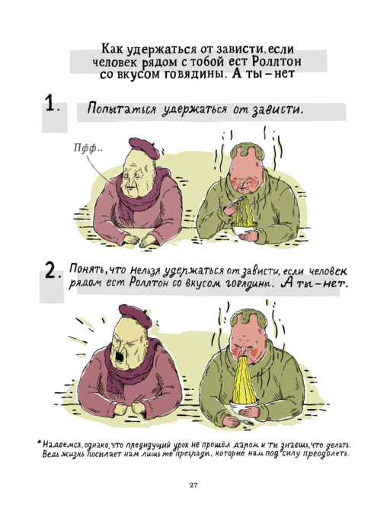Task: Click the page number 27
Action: point(193,485)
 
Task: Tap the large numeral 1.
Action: point(51,104)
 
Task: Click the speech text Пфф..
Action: point(88,149)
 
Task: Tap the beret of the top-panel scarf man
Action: point(145,148)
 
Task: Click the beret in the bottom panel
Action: point(136,315)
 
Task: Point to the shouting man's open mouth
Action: point(119,357)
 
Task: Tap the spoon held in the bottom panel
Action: point(241,421)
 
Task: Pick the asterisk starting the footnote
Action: point(40,442)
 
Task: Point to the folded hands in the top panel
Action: point(142,240)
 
